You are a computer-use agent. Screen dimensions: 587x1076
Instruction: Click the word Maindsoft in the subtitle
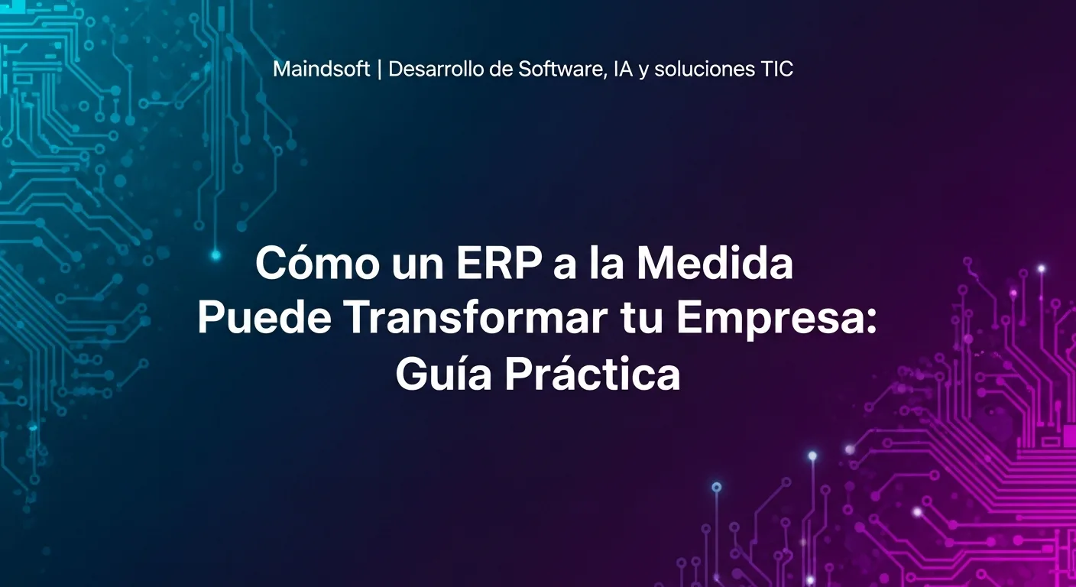coord(321,69)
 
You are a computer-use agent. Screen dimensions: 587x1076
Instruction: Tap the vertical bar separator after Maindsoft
coord(379,69)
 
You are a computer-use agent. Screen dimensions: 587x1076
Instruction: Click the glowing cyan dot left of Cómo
coord(216,255)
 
